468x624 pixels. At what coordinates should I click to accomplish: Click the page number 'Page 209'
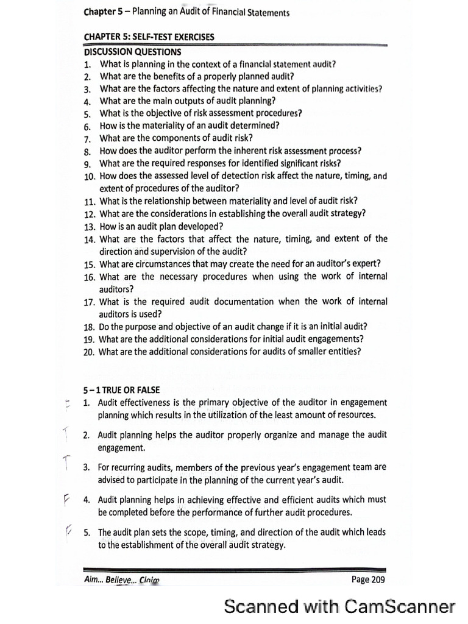pos(368,580)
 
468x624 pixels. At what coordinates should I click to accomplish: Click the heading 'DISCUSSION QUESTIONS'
pos(132,52)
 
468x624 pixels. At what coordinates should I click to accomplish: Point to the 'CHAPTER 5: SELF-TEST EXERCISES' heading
pos(149,37)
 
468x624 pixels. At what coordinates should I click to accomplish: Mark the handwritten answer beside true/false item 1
pos(66,404)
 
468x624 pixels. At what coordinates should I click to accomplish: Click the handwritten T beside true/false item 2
pos(65,434)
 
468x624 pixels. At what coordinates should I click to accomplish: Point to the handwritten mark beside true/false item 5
pos(68,532)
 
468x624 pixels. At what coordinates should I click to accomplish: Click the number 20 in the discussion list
pos(89,352)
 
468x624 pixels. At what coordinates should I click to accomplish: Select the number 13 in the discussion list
pos(89,226)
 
